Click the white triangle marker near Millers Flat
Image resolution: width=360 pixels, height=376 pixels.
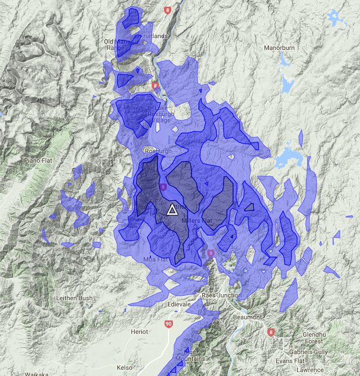point(172,210)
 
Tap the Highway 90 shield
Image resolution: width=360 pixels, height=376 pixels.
point(169,324)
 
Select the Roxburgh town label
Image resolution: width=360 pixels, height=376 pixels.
point(158,151)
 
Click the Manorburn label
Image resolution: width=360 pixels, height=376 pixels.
point(280,48)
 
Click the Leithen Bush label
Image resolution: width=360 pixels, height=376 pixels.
point(74,298)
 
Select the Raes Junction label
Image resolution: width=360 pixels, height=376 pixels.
point(221,295)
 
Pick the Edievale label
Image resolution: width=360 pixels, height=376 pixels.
point(179,304)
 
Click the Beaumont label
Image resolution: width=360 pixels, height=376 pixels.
point(247,317)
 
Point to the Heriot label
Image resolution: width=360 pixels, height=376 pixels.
point(139,332)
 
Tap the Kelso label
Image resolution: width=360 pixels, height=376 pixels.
point(125,367)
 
